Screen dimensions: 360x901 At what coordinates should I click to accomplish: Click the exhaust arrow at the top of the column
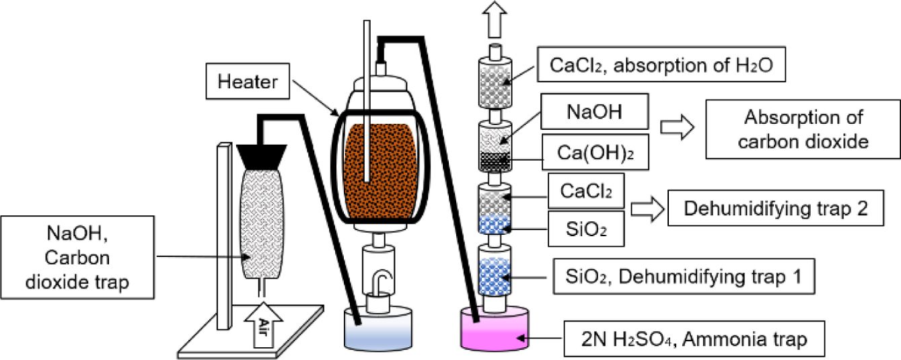(495, 17)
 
